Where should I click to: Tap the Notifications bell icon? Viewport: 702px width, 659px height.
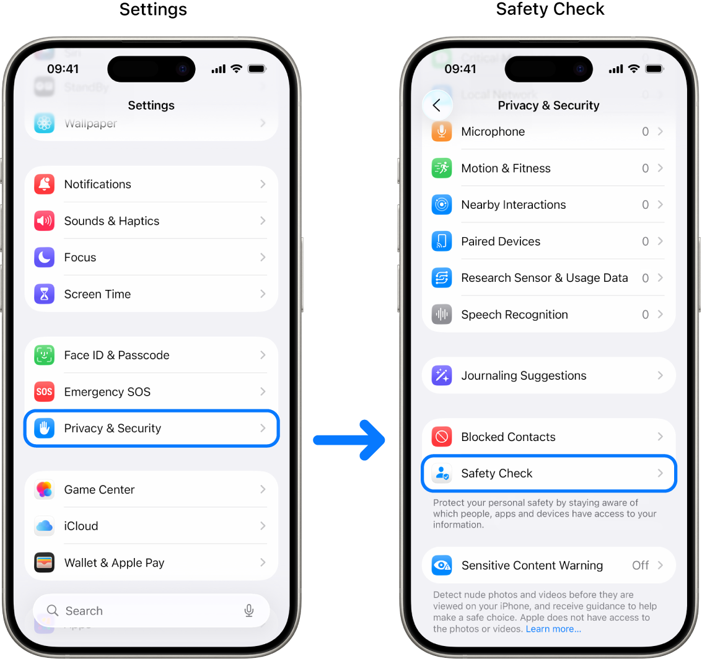pyautogui.click(x=45, y=184)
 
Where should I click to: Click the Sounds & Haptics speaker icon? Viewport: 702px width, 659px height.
pyautogui.click(x=45, y=220)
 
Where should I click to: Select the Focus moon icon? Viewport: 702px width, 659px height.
pyautogui.click(x=45, y=257)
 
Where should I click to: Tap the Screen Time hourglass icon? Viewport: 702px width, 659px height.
pyautogui.click(x=45, y=294)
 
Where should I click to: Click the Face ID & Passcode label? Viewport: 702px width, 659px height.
pyautogui.click(x=116, y=355)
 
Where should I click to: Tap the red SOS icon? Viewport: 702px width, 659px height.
pyautogui.click(x=45, y=391)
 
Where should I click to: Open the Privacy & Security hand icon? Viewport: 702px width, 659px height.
pyautogui.click(x=45, y=428)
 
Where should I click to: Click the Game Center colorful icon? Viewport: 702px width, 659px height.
pyautogui.click(x=45, y=489)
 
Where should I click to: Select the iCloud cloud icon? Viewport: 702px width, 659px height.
pyautogui.click(x=45, y=526)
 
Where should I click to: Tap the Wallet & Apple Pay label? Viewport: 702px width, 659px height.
pyautogui.click(x=114, y=563)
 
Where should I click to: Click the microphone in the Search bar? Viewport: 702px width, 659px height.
pyautogui.click(x=249, y=611)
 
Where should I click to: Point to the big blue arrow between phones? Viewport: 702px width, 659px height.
pyautogui.click(x=349, y=440)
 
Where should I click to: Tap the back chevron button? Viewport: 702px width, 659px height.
pyautogui.click(x=437, y=105)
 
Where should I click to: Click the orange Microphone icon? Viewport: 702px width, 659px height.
pyautogui.click(x=442, y=131)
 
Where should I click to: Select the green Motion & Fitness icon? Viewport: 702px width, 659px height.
pyautogui.click(x=442, y=168)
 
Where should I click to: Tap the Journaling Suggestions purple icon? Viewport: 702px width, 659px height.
pyautogui.click(x=442, y=375)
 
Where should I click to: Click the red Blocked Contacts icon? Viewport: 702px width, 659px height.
pyautogui.click(x=442, y=437)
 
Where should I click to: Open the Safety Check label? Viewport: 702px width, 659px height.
pyautogui.click(x=497, y=473)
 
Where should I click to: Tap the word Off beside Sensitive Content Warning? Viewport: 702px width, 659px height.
pyautogui.click(x=640, y=565)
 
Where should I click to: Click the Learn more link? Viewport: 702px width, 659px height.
pyautogui.click(x=553, y=629)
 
